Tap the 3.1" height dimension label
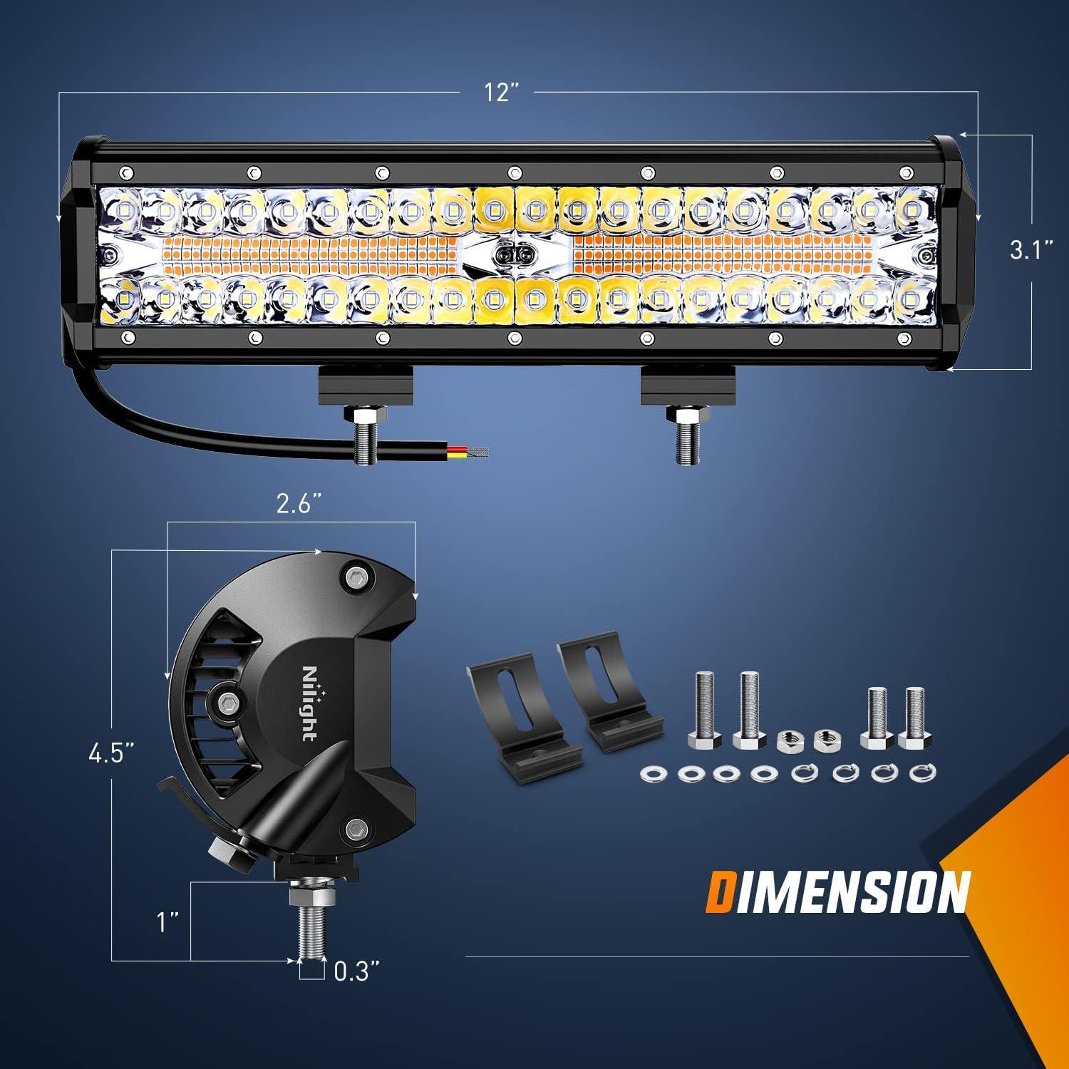point(1031,250)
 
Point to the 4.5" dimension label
point(112,753)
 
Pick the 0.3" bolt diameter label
point(356,971)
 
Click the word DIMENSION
point(837,892)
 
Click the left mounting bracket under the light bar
point(365,386)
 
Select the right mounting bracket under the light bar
point(687,386)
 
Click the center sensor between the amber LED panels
point(515,254)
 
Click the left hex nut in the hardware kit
point(787,740)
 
